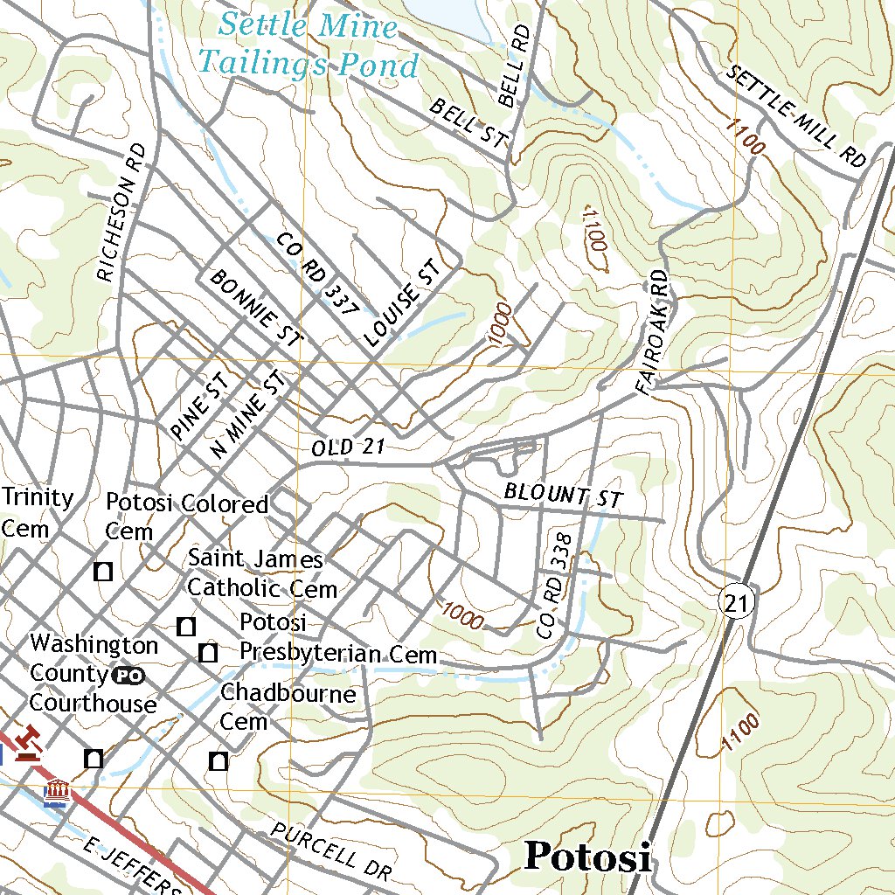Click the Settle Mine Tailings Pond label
coord(308,45)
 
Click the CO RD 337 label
coord(317,274)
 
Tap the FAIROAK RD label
coord(654,331)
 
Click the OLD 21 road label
coord(348,447)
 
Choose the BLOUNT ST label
coord(563,495)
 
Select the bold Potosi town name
coord(587,857)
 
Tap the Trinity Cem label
coord(37,513)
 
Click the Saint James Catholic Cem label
coord(261,573)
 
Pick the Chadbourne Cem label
coord(288,707)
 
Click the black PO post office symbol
coord(128,675)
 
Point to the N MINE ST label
coord(249,413)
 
